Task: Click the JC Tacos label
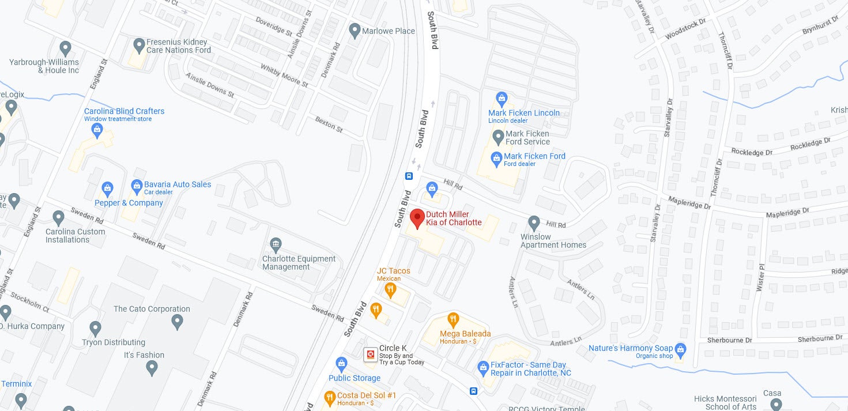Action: [x=394, y=271]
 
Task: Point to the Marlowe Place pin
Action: [x=355, y=30]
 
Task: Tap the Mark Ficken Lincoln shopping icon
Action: [x=501, y=99]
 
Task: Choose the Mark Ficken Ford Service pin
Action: [x=498, y=137]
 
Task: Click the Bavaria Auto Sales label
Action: [x=178, y=184]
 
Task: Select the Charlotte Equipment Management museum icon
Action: [x=276, y=244]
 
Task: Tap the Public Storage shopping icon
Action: [x=341, y=364]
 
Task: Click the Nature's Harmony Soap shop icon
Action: [x=681, y=349]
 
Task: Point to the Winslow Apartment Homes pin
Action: [x=534, y=223]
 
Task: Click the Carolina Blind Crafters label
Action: [x=124, y=111]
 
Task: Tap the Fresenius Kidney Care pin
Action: [x=138, y=45]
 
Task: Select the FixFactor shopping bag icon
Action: [x=483, y=367]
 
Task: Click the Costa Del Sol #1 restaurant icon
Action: [x=329, y=397]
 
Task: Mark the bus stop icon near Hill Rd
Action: [x=409, y=176]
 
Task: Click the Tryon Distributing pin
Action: [x=96, y=329]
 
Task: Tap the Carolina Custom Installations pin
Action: [x=58, y=218]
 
